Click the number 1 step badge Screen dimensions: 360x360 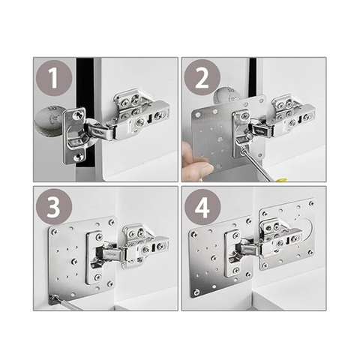(54, 78)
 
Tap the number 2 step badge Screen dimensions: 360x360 (202, 78)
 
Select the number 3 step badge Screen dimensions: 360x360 (54, 207)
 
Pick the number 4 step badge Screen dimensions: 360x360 (202, 207)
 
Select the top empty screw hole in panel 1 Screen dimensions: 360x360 (77, 115)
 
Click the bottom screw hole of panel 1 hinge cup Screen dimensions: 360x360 (78, 157)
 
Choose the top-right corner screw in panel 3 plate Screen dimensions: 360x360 (111, 222)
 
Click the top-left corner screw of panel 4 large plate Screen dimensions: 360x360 (193, 235)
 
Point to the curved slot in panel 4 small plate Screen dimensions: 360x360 (310, 229)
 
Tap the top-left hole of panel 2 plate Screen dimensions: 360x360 (198, 115)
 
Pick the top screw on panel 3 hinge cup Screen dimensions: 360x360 (100, 236)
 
